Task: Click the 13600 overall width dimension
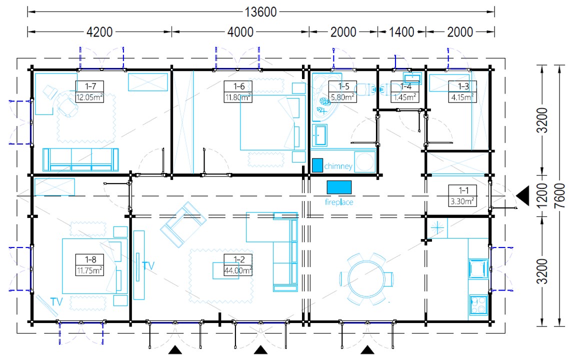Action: tap(260, 12)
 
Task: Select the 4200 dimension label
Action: tap(99, 32)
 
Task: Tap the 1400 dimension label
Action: tap(401, 32)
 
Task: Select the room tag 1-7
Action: tap(90, 86)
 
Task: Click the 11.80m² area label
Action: tap(238, 97)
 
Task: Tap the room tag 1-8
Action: tap(90, 259)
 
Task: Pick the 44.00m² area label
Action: tap(238, 270)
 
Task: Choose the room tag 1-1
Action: tap(463, 190)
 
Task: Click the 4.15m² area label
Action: tap(462, 97)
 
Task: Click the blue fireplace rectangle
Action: tap(339, 187)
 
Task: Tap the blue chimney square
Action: tap(317, 165)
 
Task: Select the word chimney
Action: tap(338, 166)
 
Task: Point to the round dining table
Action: tap(366, 279)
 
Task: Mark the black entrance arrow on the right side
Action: tap(523, 195)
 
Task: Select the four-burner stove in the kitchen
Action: tap(478, 305)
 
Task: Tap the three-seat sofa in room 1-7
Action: tap(80, 159)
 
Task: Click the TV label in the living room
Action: tap(148, 265)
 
